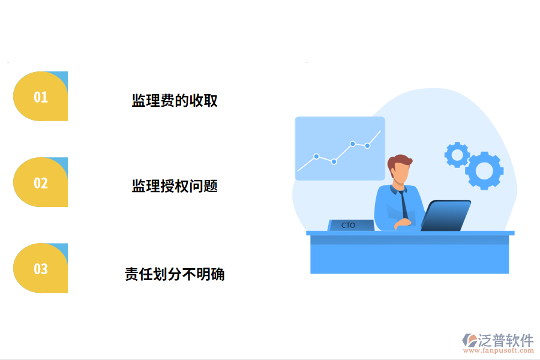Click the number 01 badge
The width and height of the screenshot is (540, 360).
click(x=40, y=97)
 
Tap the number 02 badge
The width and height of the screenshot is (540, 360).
click(x=40, y=182)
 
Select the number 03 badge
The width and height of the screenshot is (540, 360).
click(x=40, y=268)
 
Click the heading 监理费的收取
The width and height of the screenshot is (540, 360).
click(x=175, y=100)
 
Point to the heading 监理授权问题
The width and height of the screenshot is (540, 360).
click(x=175, y=186)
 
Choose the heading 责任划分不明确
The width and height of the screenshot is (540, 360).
click(x=175, y=275)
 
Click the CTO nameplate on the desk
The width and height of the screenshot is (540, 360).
click(x=350, y=226)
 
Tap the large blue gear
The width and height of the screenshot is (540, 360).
click(x=484, y=171)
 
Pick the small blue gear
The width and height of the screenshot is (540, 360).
click(x=457, y=155)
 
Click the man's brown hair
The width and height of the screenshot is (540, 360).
click(x=400, y=161)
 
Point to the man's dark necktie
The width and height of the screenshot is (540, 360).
click(x=405, y=204)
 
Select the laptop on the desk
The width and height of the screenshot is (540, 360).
click(x=445, y=215)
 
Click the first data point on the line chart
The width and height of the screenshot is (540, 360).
click(x=316, y=156)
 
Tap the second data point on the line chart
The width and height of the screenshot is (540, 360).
click(x=334, y=161)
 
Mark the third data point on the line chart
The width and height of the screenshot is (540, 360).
click(x=353, y=143)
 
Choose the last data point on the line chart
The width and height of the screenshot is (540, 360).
click(x=367, y=145)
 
